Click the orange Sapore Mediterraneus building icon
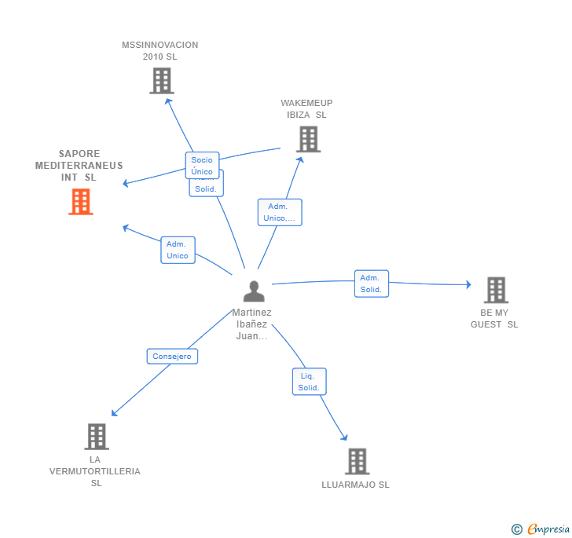80,202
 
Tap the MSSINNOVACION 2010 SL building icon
161,81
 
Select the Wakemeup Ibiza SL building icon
308,139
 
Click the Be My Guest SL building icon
496,290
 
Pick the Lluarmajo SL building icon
357,462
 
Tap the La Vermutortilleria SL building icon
96,437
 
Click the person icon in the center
254,291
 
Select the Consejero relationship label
172,356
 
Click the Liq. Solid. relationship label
309,382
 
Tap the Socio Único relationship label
202,165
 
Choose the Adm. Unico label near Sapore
178,250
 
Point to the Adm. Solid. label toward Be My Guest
371,284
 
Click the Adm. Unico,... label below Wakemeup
279,212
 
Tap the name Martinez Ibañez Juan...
251,324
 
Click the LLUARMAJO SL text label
355,485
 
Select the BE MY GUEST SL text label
494,318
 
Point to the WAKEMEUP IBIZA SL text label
306,108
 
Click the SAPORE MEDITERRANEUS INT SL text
79,165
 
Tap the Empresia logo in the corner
541,529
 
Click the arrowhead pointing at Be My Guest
467,285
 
